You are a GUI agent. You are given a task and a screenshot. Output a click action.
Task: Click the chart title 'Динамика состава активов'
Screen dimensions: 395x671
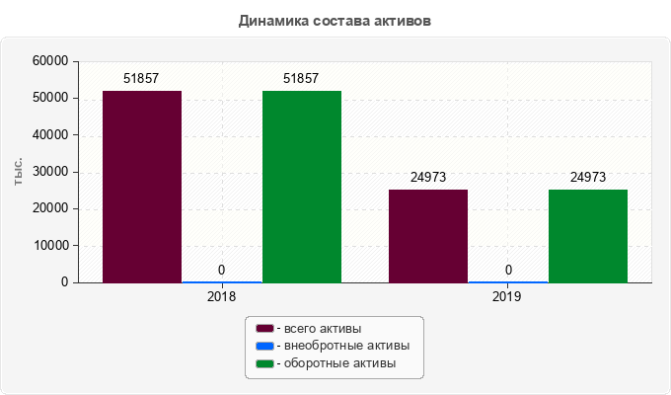pyautogui.click(x=335, y=20)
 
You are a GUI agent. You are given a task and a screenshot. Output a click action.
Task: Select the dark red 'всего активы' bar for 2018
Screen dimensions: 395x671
pyautogui.click(x=142, y=187)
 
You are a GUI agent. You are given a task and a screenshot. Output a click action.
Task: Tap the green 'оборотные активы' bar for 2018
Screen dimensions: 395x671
pyautogui.click(x=302, y=187)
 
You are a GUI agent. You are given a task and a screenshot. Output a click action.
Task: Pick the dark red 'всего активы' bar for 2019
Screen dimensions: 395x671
pyautogui.click(x=428, y=236)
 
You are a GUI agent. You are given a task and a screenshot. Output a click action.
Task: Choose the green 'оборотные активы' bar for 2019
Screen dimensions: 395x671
pyautogui.click(x=588, y=236)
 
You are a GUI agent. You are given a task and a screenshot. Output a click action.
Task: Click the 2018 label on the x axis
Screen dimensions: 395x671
pyautogui.click(x=221, y=296)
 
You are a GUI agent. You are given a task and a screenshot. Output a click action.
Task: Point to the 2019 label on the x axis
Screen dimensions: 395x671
pyautogui.click(x=507, y=296)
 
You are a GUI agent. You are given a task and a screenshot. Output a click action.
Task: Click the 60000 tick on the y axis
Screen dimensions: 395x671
pyautogui.click(x=50, y=61)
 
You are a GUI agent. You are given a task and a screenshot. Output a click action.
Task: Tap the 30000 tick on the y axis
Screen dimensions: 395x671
pyautogui.click(x=50, y=172)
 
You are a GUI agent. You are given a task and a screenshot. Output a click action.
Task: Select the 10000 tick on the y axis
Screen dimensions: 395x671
pyautogui.click(x=50, y=246)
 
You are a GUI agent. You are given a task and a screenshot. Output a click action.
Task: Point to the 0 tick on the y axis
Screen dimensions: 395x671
pyautogui.click(x=64, y=282)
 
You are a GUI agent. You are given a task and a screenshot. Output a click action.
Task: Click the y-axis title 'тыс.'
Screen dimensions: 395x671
pyautogui.click(x=19, y=172)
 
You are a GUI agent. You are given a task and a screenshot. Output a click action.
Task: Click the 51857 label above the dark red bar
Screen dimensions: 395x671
pyautogui.click(x=142, y=78)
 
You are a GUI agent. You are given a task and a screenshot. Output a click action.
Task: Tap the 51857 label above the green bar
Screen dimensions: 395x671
pyautogui.click(x=301, y=78)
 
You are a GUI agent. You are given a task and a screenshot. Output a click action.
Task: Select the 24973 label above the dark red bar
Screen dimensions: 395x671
pyautogui.click(x=428, y=178)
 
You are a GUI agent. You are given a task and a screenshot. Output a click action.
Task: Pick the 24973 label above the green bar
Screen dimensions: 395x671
pyautogui.click(x=588, y=178)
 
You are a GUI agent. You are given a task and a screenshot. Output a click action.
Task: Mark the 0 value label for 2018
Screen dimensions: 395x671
pyautogui.click(x=221, y=270)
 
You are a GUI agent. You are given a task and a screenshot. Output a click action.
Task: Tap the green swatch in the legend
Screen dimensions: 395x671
pyautogui.click(x=264, y=364)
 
